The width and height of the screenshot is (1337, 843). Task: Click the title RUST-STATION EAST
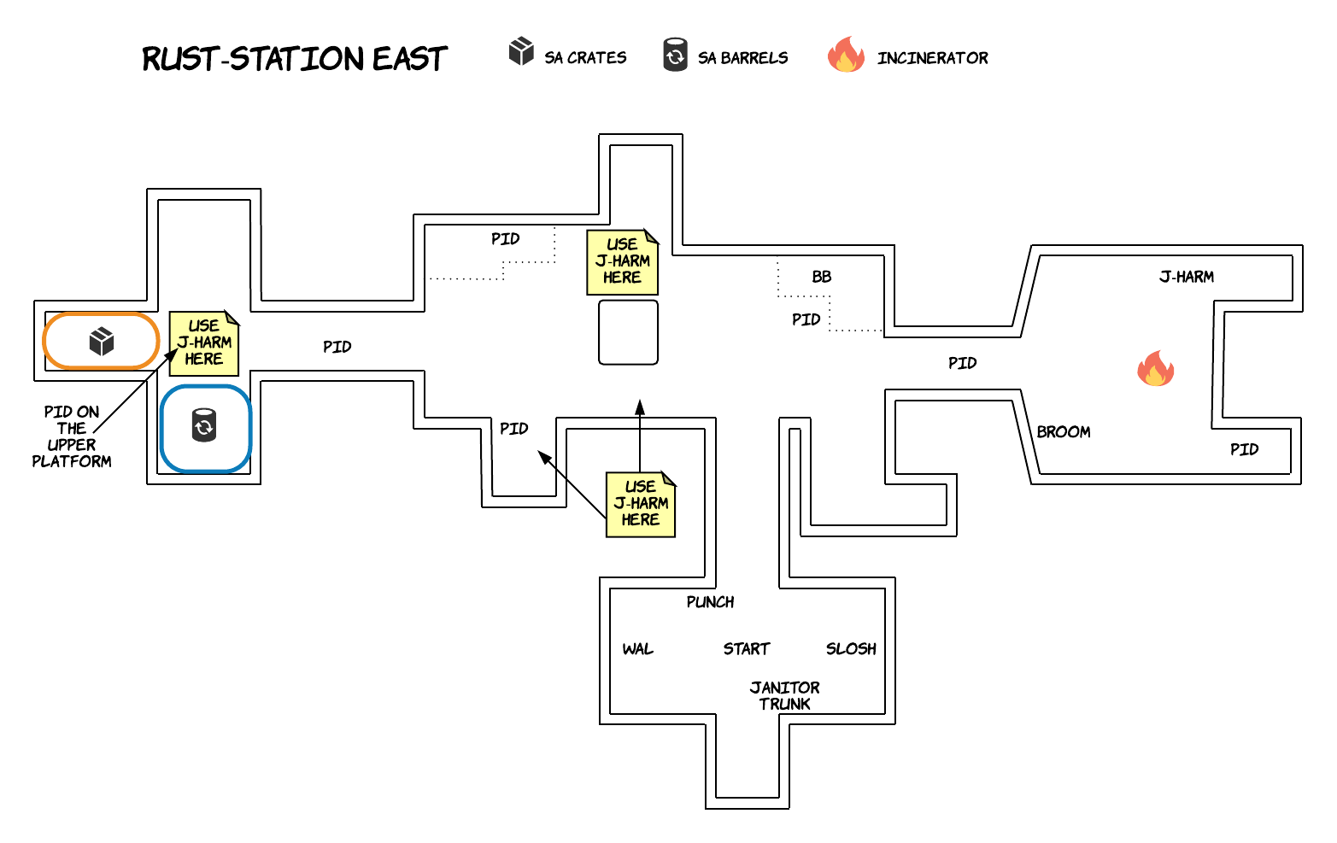coord(294,59)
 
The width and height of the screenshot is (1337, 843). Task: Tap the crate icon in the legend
coord(521,51)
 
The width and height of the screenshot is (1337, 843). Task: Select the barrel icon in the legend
coord(675,55)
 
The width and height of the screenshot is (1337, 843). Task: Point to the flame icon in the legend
coord(846,55)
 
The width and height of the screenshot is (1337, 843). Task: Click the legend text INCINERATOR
coord(932,58)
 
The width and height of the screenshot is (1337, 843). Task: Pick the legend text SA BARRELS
coord(742,58)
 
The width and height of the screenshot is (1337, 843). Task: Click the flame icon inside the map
coord(1155,369)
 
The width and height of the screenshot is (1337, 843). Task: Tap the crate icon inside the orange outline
coord(102,342)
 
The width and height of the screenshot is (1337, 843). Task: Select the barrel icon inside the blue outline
coord(204,425)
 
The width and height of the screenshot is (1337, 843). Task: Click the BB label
coord(821,277)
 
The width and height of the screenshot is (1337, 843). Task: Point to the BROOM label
coord(1063,432)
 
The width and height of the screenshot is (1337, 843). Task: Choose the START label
coord(746,649)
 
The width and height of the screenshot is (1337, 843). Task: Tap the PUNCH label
coord(710,602)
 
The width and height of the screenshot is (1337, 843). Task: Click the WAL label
coord(637,649)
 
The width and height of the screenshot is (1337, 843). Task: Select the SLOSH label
coord(851,649)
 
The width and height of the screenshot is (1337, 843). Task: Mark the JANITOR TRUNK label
coord(784,695)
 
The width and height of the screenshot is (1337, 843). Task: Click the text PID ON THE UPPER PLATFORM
coord(72,436)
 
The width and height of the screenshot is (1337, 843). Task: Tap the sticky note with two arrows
coord(640,504)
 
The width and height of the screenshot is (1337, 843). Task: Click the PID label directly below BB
coord(806,319)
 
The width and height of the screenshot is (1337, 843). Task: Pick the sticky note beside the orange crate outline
coord(203,343)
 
